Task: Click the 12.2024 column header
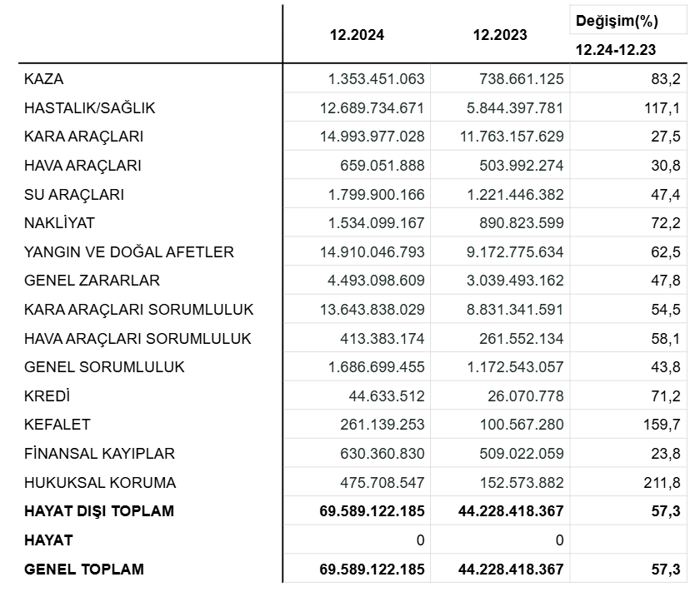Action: (357, 35)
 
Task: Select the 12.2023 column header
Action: (500, 35)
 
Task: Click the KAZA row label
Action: (44, 79)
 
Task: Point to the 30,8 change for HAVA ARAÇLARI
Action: (666, 165)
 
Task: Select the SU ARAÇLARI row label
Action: (74, 194)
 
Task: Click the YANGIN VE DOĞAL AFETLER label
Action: (129, 251)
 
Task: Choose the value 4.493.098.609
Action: (371, 281)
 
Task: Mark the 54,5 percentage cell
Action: (666, 309)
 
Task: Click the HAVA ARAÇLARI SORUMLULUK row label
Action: (137, 338)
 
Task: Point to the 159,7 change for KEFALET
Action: (662, 425)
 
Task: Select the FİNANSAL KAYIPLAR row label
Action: (99, 454)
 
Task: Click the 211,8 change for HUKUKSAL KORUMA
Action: (662, 482)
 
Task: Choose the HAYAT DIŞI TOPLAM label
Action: (99, 511)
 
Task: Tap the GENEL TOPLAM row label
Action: (84, 570)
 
